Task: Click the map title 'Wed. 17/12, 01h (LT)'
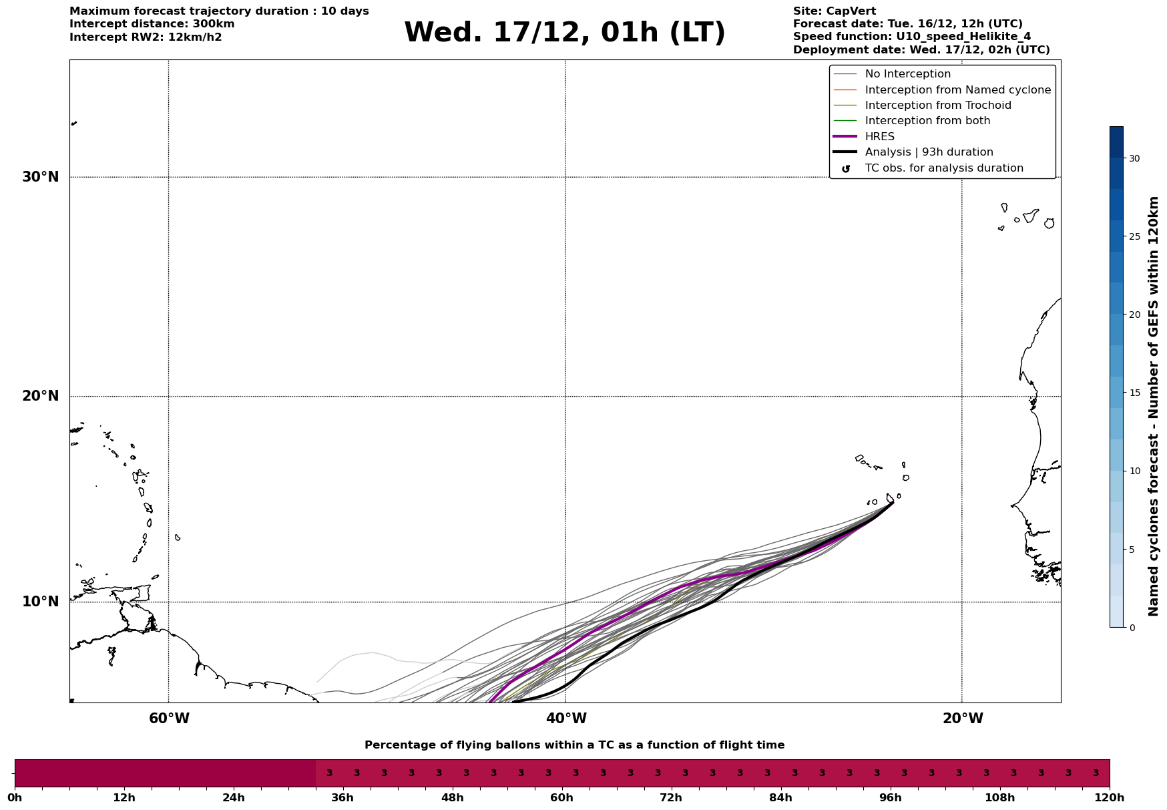[564, 33]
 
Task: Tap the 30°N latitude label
[41, 177]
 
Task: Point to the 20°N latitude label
[41, 396]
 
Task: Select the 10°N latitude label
[41, 602]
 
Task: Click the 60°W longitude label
[169, 719]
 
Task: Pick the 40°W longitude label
[566, 719]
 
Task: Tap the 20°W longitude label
[963, 719]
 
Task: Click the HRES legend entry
[879, 137]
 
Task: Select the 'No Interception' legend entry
[907, 74]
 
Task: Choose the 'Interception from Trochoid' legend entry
[937, 106]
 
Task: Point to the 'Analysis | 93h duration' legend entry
[929, 152]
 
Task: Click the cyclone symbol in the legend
[846, 169]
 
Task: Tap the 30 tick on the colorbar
[1134, 158]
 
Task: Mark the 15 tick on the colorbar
[1134, 393]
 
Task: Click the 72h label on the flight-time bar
[671, 797]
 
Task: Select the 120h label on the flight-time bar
[1109, 797]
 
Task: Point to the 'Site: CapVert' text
[834, 11]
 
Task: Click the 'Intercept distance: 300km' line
[152, 24]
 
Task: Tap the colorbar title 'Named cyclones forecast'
[1153, 406]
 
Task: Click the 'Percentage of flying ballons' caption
[574, 745]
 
